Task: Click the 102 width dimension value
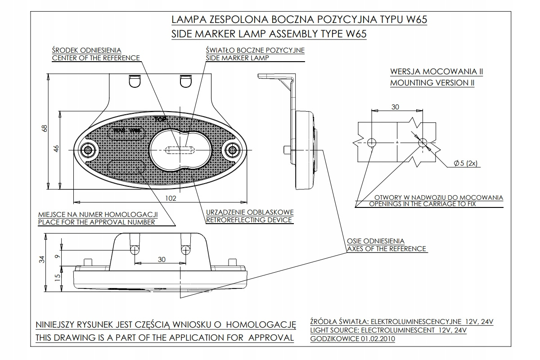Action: [x=170, y=198]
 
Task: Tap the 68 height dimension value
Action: [x=44, y=129]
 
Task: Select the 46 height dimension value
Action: [x=56, y=148]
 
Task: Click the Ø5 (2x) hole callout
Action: [x=465, y=163]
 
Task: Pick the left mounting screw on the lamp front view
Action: [x=87, y=149]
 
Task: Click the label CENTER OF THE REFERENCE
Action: [x=96, y=58]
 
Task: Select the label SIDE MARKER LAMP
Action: [x=237, y=58]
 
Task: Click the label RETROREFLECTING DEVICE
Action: [x=249, y=220]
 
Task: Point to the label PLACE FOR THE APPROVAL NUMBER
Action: [x=97, y=222]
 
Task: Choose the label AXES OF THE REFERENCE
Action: [x=387, y=248]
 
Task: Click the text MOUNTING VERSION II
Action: [x=432, y=83]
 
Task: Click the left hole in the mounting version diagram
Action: [x=372, y=143]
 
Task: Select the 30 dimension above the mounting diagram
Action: [x=395, y=107]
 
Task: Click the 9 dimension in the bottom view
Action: [x=56, y=256]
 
